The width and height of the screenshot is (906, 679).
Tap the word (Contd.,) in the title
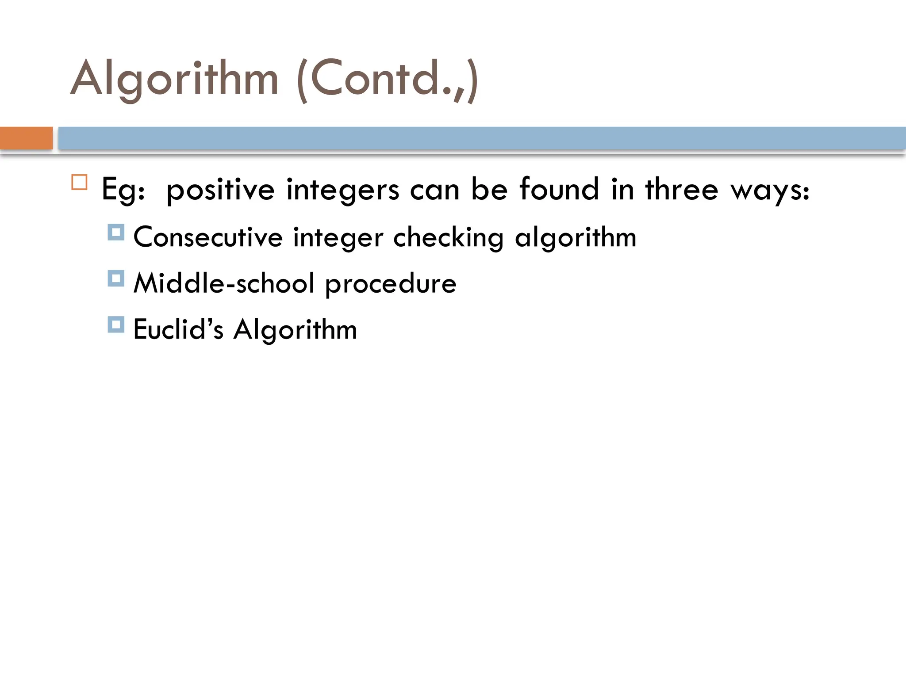388,80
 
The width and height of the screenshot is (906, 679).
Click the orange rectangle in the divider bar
26,138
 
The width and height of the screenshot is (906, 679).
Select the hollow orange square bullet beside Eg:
79,182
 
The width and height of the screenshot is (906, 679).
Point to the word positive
220,190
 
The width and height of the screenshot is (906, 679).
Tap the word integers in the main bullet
342,190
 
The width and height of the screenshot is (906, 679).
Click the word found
559,189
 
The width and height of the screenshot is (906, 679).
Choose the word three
681,189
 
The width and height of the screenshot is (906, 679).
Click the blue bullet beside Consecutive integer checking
116,232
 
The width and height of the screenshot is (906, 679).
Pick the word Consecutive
208,237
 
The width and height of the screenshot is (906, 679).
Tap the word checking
448,238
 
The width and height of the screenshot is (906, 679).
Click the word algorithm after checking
576,238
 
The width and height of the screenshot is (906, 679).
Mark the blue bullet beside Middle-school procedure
116,278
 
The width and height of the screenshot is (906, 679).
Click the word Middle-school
224,283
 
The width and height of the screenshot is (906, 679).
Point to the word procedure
391,284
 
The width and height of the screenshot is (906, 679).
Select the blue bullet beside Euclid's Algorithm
116,324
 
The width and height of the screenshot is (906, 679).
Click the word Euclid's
178,329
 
